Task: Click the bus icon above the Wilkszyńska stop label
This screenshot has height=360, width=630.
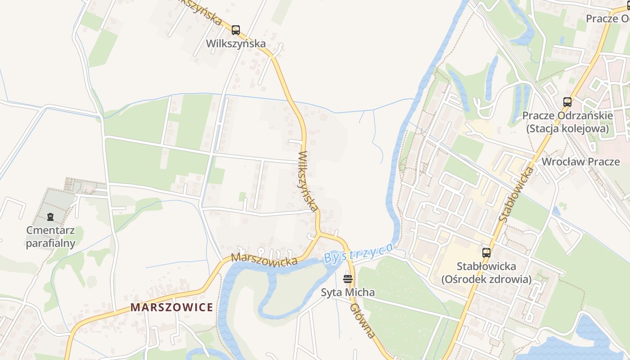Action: coord(235,30)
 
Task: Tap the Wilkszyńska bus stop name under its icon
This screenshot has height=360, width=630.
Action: coord(236,44)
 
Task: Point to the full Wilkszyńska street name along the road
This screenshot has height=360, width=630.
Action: coord(308,181)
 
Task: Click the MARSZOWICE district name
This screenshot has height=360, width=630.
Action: coord(172,307)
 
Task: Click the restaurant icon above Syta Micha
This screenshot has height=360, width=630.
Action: coord(347,279)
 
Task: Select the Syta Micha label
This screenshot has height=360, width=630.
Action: coord(347,292)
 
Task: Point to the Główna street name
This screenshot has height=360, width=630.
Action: coord(363,320)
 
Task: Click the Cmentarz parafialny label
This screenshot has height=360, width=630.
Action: coord(50,237)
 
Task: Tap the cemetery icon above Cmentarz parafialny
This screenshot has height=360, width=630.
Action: coord(50,217)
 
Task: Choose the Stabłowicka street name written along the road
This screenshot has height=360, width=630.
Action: coord(516,194)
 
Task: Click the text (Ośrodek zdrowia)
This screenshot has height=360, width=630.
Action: coord(486,279)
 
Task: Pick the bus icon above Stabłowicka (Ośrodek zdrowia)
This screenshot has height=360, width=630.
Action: coord(486,252)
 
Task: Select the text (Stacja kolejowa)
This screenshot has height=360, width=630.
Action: coord(567,129)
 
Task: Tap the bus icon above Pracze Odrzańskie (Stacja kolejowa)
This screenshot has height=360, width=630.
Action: coord(567,102)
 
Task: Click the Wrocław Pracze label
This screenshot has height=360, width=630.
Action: coord(580,162)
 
